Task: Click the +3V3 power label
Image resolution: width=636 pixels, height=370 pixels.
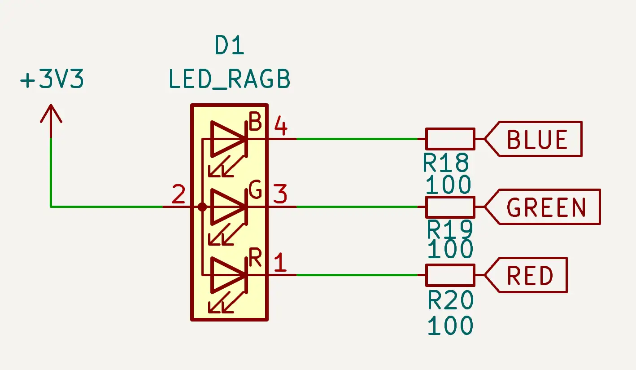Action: point(52,81)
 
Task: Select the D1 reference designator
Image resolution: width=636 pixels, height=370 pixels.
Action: point(230,46)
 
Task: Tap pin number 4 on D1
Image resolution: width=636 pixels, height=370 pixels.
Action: point(280,126)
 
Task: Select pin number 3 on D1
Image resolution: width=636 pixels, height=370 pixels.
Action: point(280,195)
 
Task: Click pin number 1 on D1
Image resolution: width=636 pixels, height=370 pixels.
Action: point(280,263)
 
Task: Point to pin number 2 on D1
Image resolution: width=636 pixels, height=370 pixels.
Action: point(179,195)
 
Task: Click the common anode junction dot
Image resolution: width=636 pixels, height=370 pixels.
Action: point(202,207)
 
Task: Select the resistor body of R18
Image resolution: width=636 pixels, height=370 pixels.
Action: point(450,139)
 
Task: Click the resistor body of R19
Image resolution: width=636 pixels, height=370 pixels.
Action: point(450,207)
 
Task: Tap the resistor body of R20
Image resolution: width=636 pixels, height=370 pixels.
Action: point(450,275)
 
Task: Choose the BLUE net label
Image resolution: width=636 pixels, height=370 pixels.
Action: point(537,139)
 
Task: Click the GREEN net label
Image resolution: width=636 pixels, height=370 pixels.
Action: point(546,207)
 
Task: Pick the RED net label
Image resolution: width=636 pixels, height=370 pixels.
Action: point(530,275)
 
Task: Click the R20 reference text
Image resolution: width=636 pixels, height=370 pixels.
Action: point(450,300)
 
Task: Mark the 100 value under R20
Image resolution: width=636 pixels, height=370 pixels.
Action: point(450,326)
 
